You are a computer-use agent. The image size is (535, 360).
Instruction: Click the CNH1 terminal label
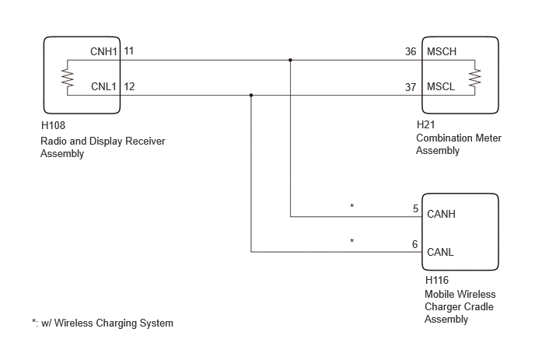pyautogui.click(x=103, y=51)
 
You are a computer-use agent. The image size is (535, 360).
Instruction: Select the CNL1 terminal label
pyautogui.click(x=103, y=86)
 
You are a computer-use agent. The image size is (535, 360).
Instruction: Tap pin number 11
pyautogui.click(x=128, y=51)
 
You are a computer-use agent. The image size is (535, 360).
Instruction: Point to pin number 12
pyautogui.click(x=129, y=86)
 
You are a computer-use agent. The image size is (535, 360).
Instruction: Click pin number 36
pyautogui.click(x=411, y=51)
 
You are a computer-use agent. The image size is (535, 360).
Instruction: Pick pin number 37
pyautogui.click(x=411, y=87)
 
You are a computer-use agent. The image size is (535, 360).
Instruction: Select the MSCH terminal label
pyautogui.click(x=442, y=51)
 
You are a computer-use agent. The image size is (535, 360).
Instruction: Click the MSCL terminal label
pyautogui.click(x=441, y=86)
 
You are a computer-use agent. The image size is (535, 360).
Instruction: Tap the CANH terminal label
pyautogui.click(x=441, y=215)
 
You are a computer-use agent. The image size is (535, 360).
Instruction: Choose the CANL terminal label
pyautogui.click(x=440, y=253)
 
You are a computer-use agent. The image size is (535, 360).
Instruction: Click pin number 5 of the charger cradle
pyautogui.click(x=415, y=208)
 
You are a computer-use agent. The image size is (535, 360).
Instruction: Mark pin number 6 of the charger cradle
pyautogui.click(x=415, y=244)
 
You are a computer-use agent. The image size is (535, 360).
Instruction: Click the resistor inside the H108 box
pyautogui.click(x=68, y=78)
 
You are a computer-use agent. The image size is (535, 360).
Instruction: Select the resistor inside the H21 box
pyautogui.click(x=474, y=78)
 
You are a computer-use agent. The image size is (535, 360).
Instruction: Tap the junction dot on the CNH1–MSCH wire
pyautogui.click(x=290, y=60)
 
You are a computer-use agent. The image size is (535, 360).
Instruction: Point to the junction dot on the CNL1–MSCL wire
pyautogui.click(x=251, y=95)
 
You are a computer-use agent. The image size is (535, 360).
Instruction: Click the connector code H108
pyautogui.click(x=53, y=126)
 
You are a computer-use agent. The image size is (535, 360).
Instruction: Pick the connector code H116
pyautogui.click(x=437, y=281)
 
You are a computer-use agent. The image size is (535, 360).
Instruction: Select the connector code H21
pyautogui.click(x=426, y=125)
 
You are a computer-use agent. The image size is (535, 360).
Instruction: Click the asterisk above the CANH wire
pyautogui.click(x=351, y=206)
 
